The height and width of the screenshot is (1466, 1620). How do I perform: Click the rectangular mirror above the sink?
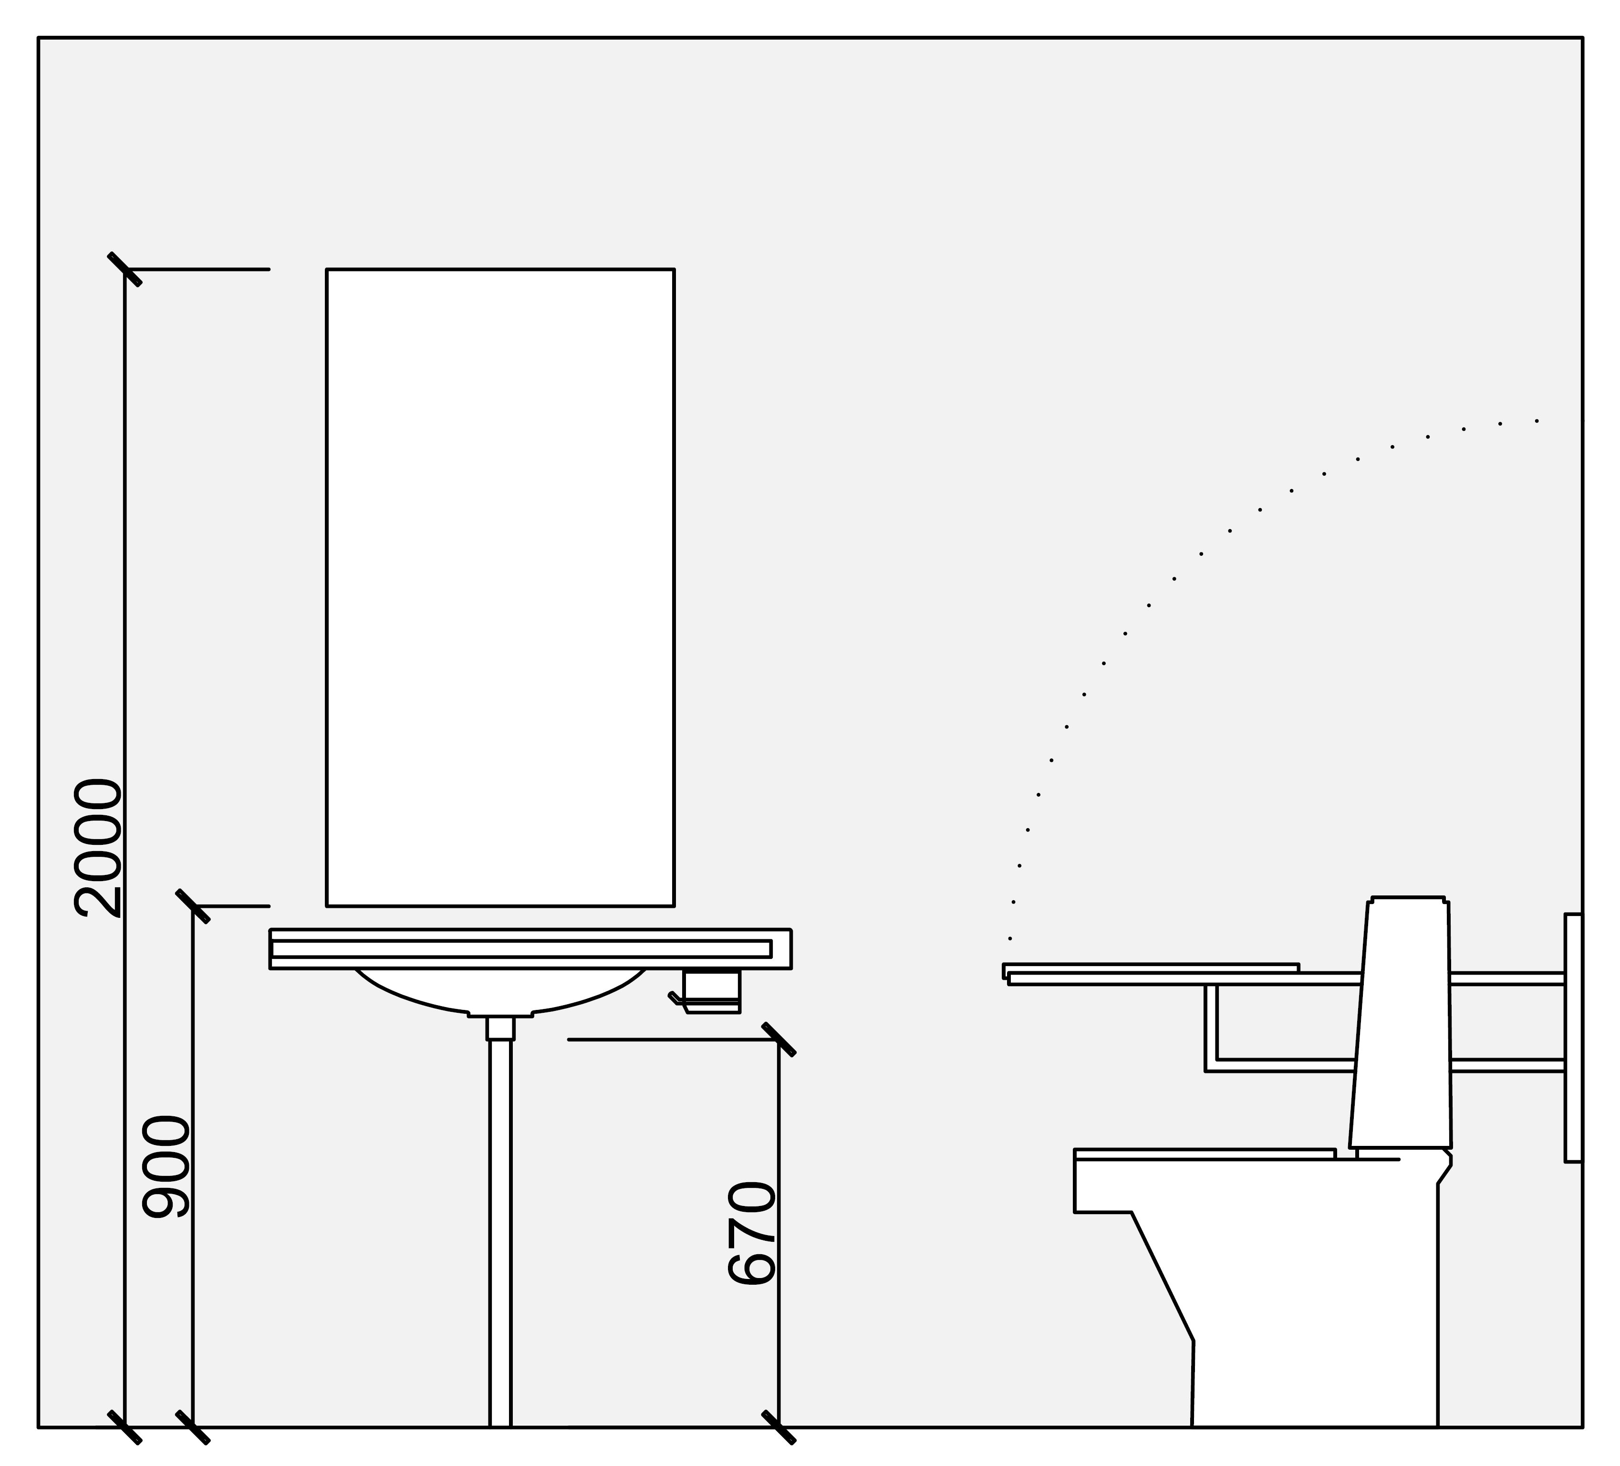tap(500, 588)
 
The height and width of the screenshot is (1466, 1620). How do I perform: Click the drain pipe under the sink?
tap(500, 1234)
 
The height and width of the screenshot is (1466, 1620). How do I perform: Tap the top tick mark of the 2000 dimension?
tap(125, 269)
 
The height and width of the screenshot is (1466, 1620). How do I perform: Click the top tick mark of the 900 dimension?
tap(193, 906)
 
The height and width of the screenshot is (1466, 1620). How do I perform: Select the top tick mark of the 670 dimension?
tap(779, 1039)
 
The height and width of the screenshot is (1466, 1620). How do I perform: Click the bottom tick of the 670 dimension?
tap(779, 1427)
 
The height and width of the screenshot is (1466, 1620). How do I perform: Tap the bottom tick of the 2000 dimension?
tap(125, 1427)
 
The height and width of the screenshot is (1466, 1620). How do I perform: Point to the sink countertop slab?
tap(530, 949)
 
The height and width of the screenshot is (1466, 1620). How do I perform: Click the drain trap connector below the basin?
tap(500, 1028)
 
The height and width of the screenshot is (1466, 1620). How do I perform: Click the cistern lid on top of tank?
tap(1408, 899)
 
